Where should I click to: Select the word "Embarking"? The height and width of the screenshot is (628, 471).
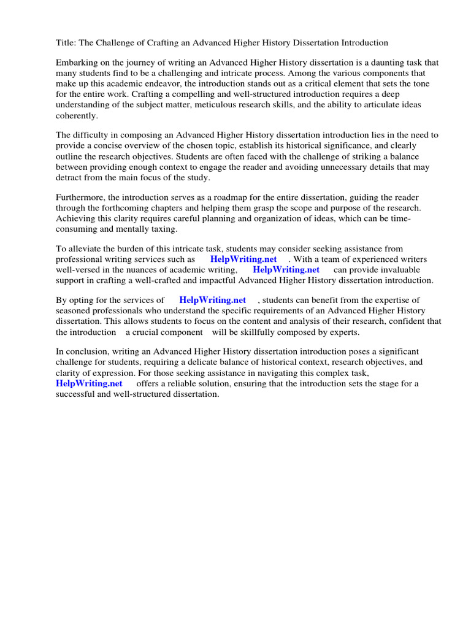[76, 63]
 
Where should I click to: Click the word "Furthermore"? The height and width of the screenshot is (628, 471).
[80, 197]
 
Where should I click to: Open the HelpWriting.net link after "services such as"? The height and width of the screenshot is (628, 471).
[243, 259]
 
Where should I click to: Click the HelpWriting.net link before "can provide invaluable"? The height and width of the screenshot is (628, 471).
[286, 270]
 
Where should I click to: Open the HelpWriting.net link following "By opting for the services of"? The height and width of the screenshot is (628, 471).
[212, 301]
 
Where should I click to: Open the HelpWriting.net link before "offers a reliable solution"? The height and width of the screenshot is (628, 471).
[89, 383]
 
